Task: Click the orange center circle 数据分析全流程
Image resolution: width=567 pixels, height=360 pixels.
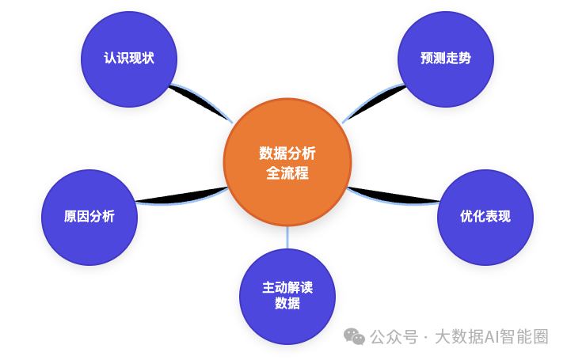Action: pyautogui.click(x=287, y=161)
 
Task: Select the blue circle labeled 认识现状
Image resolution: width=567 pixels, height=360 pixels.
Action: pyautogui.click(x=129, y=59)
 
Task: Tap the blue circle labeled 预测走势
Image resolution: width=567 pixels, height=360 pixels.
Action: pyautogui.click(x=445, y=59)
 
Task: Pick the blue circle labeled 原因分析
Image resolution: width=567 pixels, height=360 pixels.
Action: pyautogui.click(x=89, y=216)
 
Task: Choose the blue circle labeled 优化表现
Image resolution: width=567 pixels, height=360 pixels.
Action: pyautogui.click(x=485, y=216)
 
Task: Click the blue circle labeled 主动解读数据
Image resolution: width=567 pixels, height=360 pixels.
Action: pyautogui.click(x=287, y=295)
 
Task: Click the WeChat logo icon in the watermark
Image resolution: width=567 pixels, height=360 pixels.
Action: pyautogui.click(x=354, y=337)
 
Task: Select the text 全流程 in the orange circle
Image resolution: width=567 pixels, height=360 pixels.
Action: pyautogui.click(x=287, y=172)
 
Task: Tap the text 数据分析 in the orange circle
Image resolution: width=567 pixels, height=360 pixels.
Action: pyautogui.click(x=287, y=153)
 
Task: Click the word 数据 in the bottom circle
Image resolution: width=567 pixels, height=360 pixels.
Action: pyautogui.click(x=287, y=303)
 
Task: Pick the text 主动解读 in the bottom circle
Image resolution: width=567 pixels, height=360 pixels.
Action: pyautogui.click(x=287, y=287)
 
